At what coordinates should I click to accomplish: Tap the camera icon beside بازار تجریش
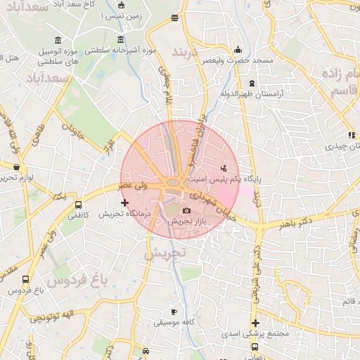pyautogui.click(x=186, y=211)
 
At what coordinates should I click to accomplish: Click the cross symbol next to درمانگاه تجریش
pyautogui.click(x=125, y=202)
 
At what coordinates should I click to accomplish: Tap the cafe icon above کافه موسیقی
pyautogui.click(x=174, y=311)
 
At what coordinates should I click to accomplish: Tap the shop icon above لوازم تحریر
pyautogui.click(x=16, y=167)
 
